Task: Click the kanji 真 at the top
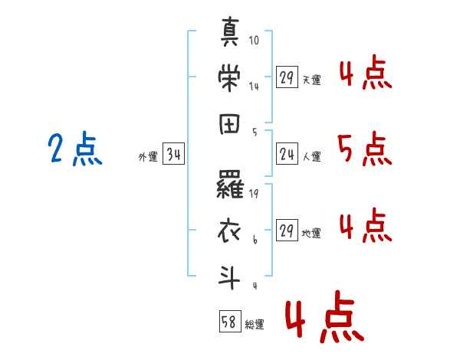coord(230,31)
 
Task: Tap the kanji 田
coord(229,124)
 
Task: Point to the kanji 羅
coord(230,185)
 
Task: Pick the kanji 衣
coord(229,231)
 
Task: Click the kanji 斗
coord(229,277)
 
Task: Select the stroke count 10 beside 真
coord(254,40)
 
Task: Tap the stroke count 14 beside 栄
coord(254,87)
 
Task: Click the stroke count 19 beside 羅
coord(254,194)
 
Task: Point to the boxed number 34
coord(174,154)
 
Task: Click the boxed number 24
coord(287,154)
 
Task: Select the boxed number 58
coord(230,321)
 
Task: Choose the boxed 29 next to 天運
coord(287,77)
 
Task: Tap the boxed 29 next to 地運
coord(287,230)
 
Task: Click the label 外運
coord(148,157)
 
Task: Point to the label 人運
coord(312,156)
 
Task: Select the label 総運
coord(255,325)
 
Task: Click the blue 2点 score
coord(75,149)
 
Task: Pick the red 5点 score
coord(365,149)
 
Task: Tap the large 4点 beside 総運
coord(325,316)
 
